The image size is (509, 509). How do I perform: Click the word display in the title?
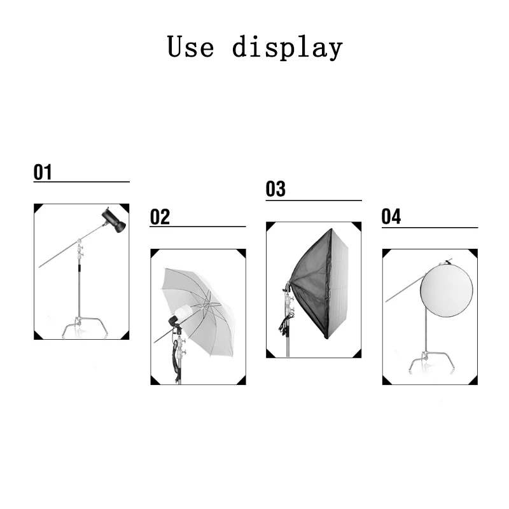[x=287, y=48]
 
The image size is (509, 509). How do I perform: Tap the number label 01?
[x=43, y=172]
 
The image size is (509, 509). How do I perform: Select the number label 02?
[x=160, y=217]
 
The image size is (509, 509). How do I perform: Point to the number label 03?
[x=275, y=189]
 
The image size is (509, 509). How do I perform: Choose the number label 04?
[x=391, y=217]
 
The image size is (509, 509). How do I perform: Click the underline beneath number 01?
[x=81, y=181]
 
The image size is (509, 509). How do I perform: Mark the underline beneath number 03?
[x=313, y=200]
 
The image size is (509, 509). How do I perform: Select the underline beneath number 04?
[x=429, y=227]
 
